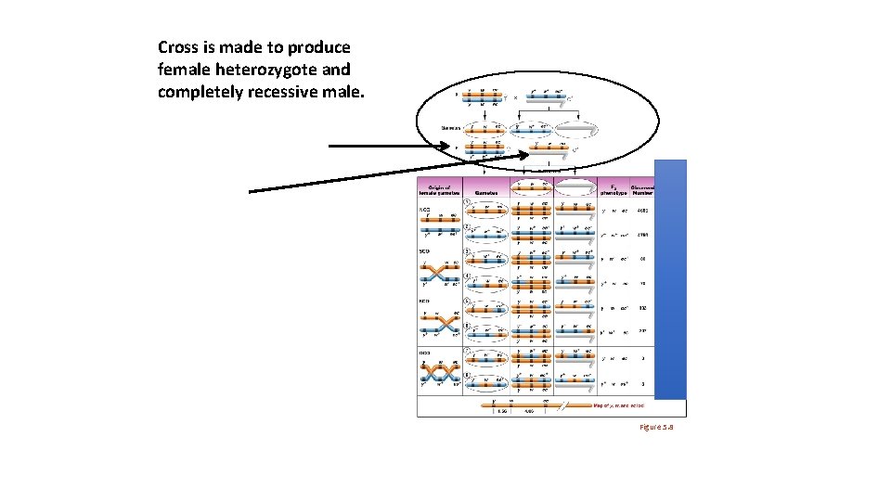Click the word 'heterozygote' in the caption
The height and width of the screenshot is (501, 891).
click(x=245, y=69)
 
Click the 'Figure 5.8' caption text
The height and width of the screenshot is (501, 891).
click(x=655, y=426)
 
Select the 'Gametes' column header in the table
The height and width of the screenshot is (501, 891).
click(x=487, y=192)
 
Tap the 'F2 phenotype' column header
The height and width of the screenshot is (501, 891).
click(x=614, y=189)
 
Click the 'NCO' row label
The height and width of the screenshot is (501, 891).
click(x=423, y=209)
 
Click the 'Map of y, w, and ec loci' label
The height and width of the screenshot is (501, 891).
click(x=618, y=405)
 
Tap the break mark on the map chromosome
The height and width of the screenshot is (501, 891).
click(x=556, y=405)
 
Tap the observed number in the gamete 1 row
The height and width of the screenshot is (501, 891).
click(x=643, y=211)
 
